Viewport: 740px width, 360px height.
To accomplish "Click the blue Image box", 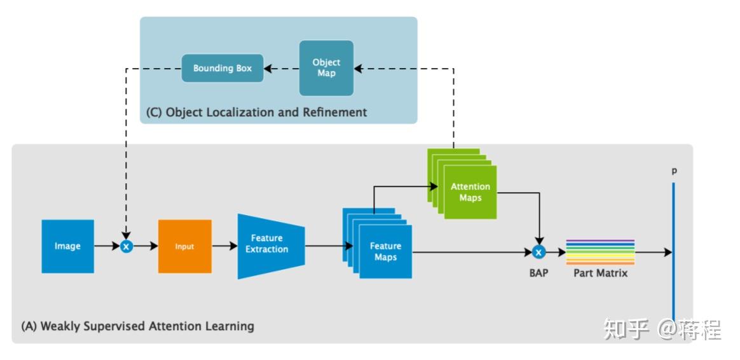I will (67, 246).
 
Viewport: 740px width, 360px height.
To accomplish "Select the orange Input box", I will (184, 246).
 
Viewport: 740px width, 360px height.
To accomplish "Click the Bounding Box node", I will (223, 68).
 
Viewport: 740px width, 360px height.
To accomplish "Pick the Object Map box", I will (326, 68).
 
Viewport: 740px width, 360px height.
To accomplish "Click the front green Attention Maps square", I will (470, 192).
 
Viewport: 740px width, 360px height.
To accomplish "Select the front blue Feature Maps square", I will (386, 252).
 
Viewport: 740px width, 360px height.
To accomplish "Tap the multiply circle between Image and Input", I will (127, 246).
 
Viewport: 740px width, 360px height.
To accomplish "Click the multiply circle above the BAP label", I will (538, 253).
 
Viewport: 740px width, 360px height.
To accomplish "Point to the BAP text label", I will (538, 273).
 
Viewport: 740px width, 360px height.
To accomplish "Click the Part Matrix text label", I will (600, 273).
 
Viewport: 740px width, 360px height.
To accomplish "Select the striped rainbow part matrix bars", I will (600, 253).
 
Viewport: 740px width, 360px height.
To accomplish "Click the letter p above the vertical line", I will (673, 172).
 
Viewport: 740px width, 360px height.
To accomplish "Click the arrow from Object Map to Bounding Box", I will (282, 68).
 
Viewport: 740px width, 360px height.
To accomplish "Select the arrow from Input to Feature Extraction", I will (224, 246).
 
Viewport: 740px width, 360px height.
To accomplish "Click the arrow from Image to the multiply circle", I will (107, 246).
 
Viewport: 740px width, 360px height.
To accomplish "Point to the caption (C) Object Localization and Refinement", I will (257, 113).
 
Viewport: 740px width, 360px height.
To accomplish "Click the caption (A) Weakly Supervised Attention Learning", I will (137, 326).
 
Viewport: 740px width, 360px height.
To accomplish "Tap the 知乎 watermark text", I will (626, 329).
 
